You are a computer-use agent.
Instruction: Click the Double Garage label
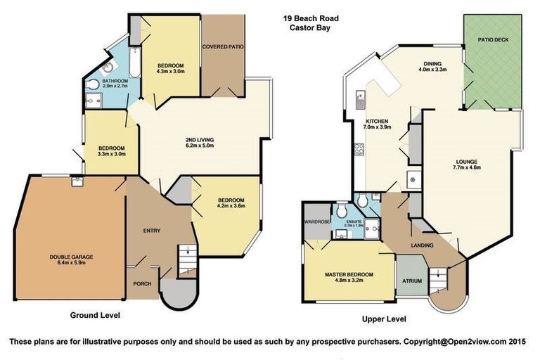[71, 257]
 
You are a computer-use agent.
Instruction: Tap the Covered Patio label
[222, 47]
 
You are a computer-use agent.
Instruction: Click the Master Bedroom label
[349, 274]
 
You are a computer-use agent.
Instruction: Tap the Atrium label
[412, 281]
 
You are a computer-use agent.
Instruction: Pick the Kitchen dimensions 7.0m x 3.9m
[377, 127]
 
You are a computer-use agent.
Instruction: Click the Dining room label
[432, 63]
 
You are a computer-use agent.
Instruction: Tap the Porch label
[142, 284]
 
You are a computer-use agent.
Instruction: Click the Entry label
[152, 231]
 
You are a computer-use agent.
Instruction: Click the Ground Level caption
[95, 316]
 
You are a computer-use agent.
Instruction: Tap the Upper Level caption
[384, 319]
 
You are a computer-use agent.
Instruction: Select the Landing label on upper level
[422, 245]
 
